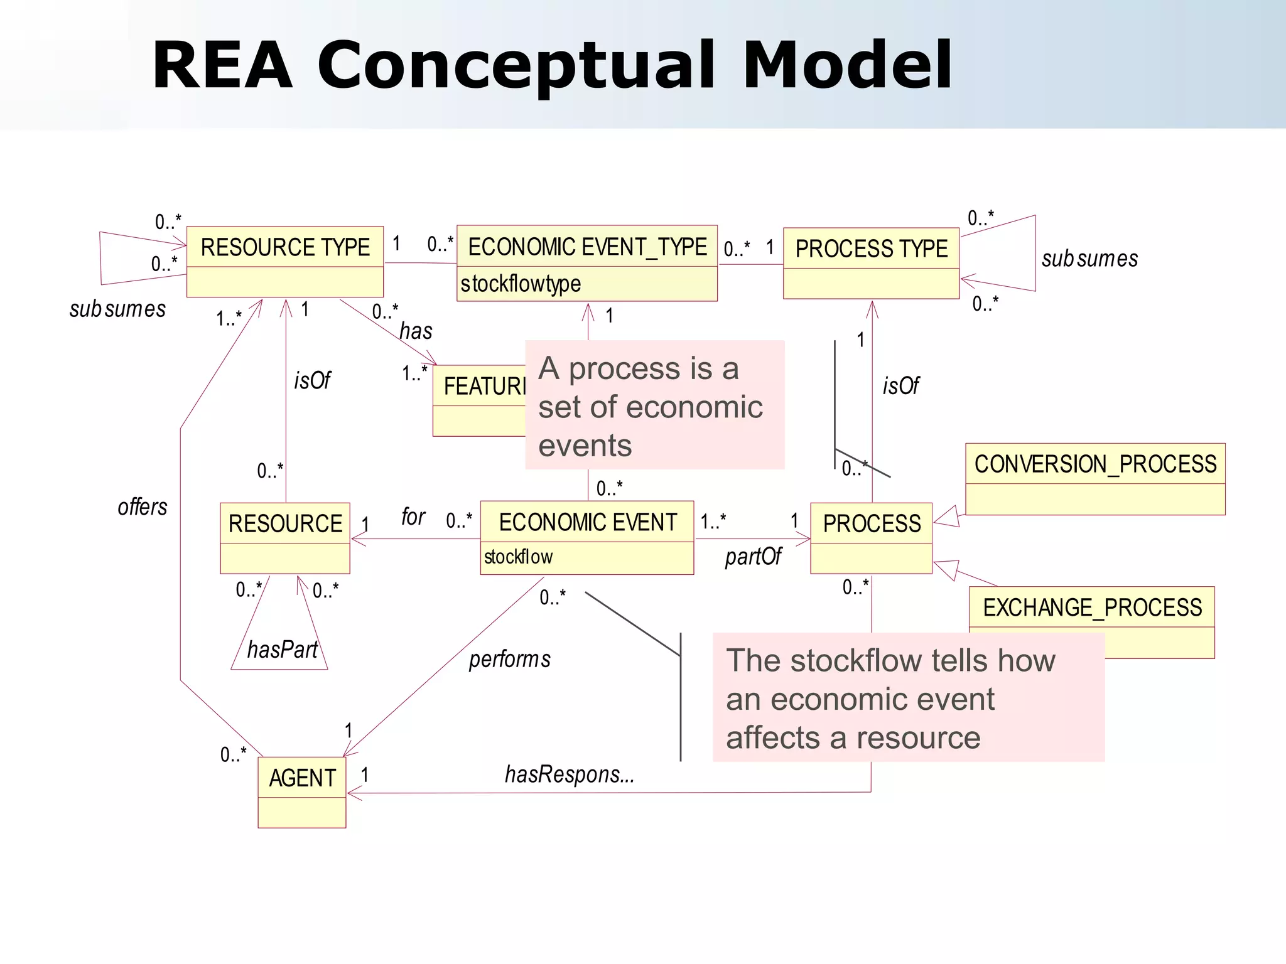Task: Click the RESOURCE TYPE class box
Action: point(285,261)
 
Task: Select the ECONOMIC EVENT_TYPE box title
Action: point(587,247)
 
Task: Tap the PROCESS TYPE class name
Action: point(872,249)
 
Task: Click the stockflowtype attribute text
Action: point(521,284)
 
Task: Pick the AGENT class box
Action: point(302,792)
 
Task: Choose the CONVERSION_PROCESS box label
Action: point(1095,464)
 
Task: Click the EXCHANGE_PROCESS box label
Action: point(1092,608)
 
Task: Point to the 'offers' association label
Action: point(143,506)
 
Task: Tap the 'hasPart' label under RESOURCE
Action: point(282,650)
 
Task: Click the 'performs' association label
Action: point(509,659)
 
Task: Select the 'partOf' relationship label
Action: point(753,556)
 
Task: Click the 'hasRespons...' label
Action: point(570,774)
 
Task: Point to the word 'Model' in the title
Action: point(847,65)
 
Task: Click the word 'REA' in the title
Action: point(222,65)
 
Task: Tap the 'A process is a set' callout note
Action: point(654,405)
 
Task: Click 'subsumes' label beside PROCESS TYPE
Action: point(1089,259)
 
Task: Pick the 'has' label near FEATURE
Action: point(416,331)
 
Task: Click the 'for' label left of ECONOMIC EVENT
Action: point(413,517)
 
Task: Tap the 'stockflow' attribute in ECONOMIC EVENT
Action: point(518,557)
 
